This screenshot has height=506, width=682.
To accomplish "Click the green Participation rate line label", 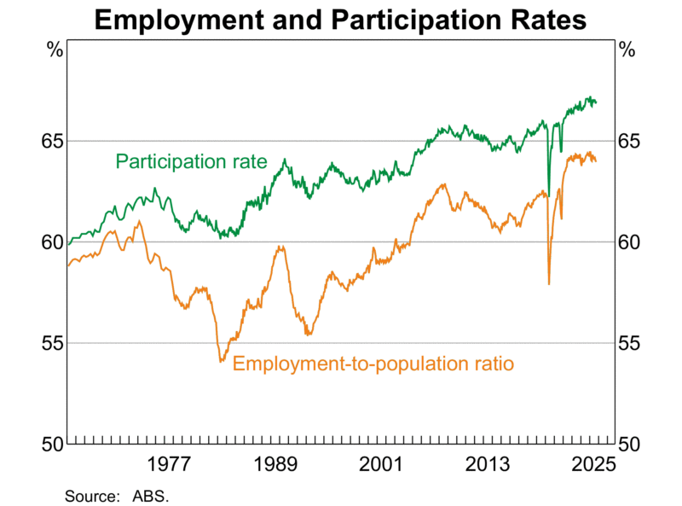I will [x=192, y=161].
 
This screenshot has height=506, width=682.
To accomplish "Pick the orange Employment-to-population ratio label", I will [x=373, y=364].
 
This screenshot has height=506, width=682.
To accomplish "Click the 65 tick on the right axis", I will [x=629, y=141].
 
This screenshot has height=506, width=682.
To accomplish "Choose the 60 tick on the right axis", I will [x=629, y=242].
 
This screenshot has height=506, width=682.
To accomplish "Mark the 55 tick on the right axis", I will [x=629, y=344].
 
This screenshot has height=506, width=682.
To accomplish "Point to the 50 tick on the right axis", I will [x=629, y=445].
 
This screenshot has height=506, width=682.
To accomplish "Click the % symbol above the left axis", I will [x=55, y=49].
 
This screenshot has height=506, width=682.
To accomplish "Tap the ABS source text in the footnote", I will [x=151, y=495].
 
